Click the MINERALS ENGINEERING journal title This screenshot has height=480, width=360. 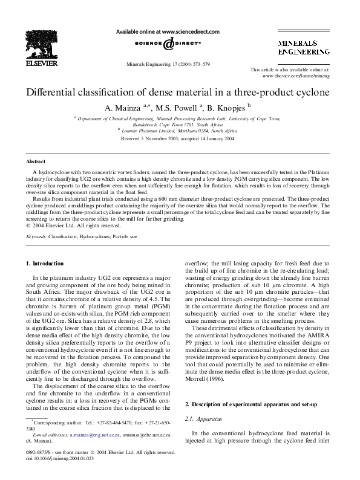click(x=303, y=48)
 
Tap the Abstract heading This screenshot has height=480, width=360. click(x=36, y=162)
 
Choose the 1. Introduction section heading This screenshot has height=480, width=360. click(x=45, y=264)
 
